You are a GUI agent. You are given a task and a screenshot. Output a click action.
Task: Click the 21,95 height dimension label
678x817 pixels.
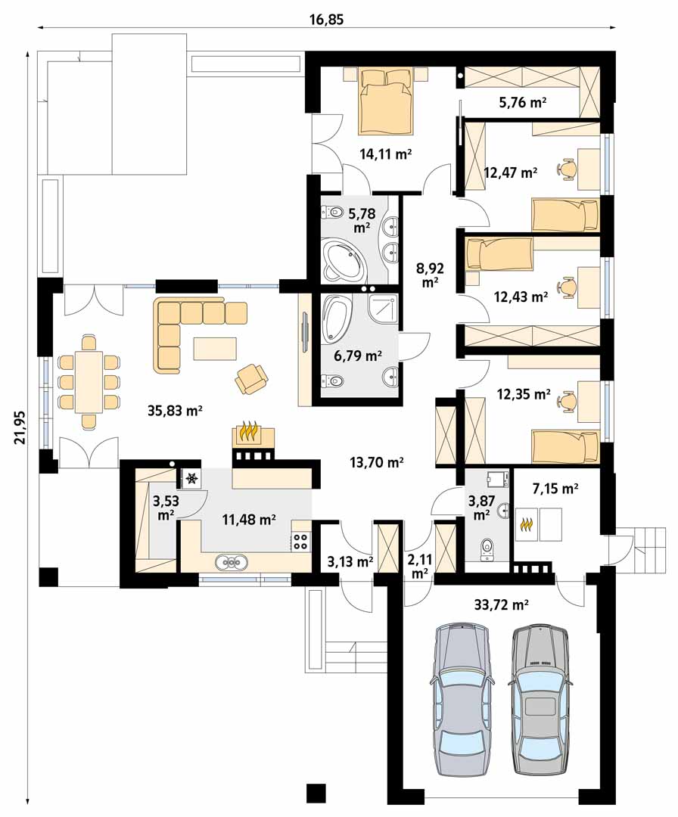[x=20, y=427]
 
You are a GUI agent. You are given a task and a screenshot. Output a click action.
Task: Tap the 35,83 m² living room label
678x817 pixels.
[x=175, y=411]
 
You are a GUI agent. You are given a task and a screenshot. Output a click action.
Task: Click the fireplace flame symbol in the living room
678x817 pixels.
[x=248, y=433]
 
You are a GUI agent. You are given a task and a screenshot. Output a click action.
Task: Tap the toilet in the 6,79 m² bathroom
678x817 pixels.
[x=334, y=381]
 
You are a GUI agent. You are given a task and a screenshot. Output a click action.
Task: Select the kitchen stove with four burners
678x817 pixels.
[x=300, y=541]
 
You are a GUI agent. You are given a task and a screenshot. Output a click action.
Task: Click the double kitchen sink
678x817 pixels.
[x=232, y=562]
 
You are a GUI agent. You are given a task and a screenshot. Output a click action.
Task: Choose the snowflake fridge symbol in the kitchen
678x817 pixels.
[x=191, y=478]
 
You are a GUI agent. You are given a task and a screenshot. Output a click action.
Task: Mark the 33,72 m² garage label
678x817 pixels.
[x=502, y=604]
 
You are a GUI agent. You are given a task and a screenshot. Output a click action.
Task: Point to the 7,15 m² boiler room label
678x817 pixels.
[x=555, y=489]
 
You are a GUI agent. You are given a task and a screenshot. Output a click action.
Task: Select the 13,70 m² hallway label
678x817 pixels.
[x=377, y=461]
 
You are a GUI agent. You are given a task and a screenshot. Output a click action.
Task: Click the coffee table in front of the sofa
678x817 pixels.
[x=215, y=349]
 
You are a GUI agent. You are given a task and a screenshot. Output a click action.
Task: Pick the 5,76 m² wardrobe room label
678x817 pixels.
[x=523, y=102]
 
